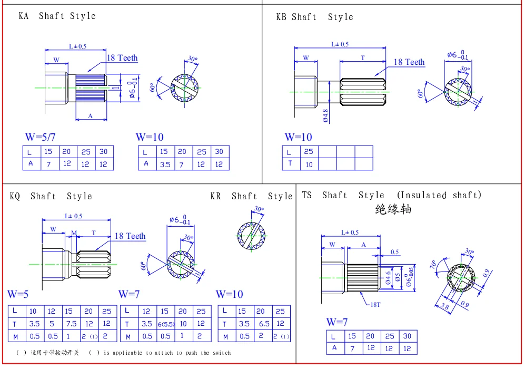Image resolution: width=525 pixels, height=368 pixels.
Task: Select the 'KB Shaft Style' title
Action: (314, 17)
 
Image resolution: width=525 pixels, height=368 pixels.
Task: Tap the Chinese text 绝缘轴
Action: (393, 209)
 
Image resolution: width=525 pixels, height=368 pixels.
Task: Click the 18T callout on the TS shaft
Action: (374, 305)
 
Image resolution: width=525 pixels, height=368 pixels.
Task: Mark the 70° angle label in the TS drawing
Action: (433, 265)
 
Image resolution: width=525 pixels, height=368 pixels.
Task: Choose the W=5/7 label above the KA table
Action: (40, 137)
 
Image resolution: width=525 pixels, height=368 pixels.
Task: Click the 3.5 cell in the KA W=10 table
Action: (165, 164)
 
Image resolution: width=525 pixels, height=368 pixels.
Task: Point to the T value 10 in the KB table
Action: (309, 164)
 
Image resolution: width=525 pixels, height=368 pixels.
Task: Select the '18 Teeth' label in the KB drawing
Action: (409, 62)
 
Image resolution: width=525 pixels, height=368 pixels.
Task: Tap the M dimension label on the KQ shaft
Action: (74, 232)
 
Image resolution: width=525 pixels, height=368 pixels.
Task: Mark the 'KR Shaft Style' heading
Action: (251, 196)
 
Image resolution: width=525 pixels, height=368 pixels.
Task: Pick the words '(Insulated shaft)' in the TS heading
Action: (439, 195)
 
